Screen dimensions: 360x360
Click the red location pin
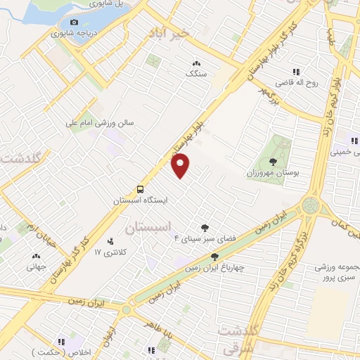point(181,165)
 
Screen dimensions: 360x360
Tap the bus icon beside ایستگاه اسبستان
point(141,189)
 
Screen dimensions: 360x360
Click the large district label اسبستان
point(148,228)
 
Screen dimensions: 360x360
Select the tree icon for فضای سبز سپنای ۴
point(205,227)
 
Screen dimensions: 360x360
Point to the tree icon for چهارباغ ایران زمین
point(214,257)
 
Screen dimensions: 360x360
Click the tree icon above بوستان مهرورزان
point(272,162)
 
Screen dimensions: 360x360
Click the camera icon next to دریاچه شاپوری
point(74,22)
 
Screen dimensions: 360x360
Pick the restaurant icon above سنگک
point(195,62)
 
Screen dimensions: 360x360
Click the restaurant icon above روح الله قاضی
point(296,71)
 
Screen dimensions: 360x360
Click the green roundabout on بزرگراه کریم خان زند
point(309,206)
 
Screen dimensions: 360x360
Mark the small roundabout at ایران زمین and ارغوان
point(127,309)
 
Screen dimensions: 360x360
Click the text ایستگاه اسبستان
point(141,200)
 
